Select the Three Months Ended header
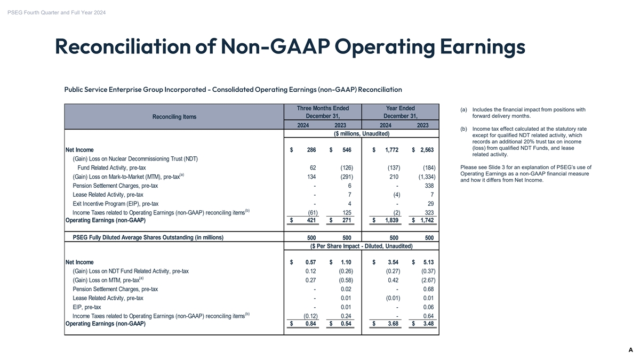318,109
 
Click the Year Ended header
400,109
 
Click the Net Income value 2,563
425,150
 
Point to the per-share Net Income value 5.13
428,262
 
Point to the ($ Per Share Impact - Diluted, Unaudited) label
361,246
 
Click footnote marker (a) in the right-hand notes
463,110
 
